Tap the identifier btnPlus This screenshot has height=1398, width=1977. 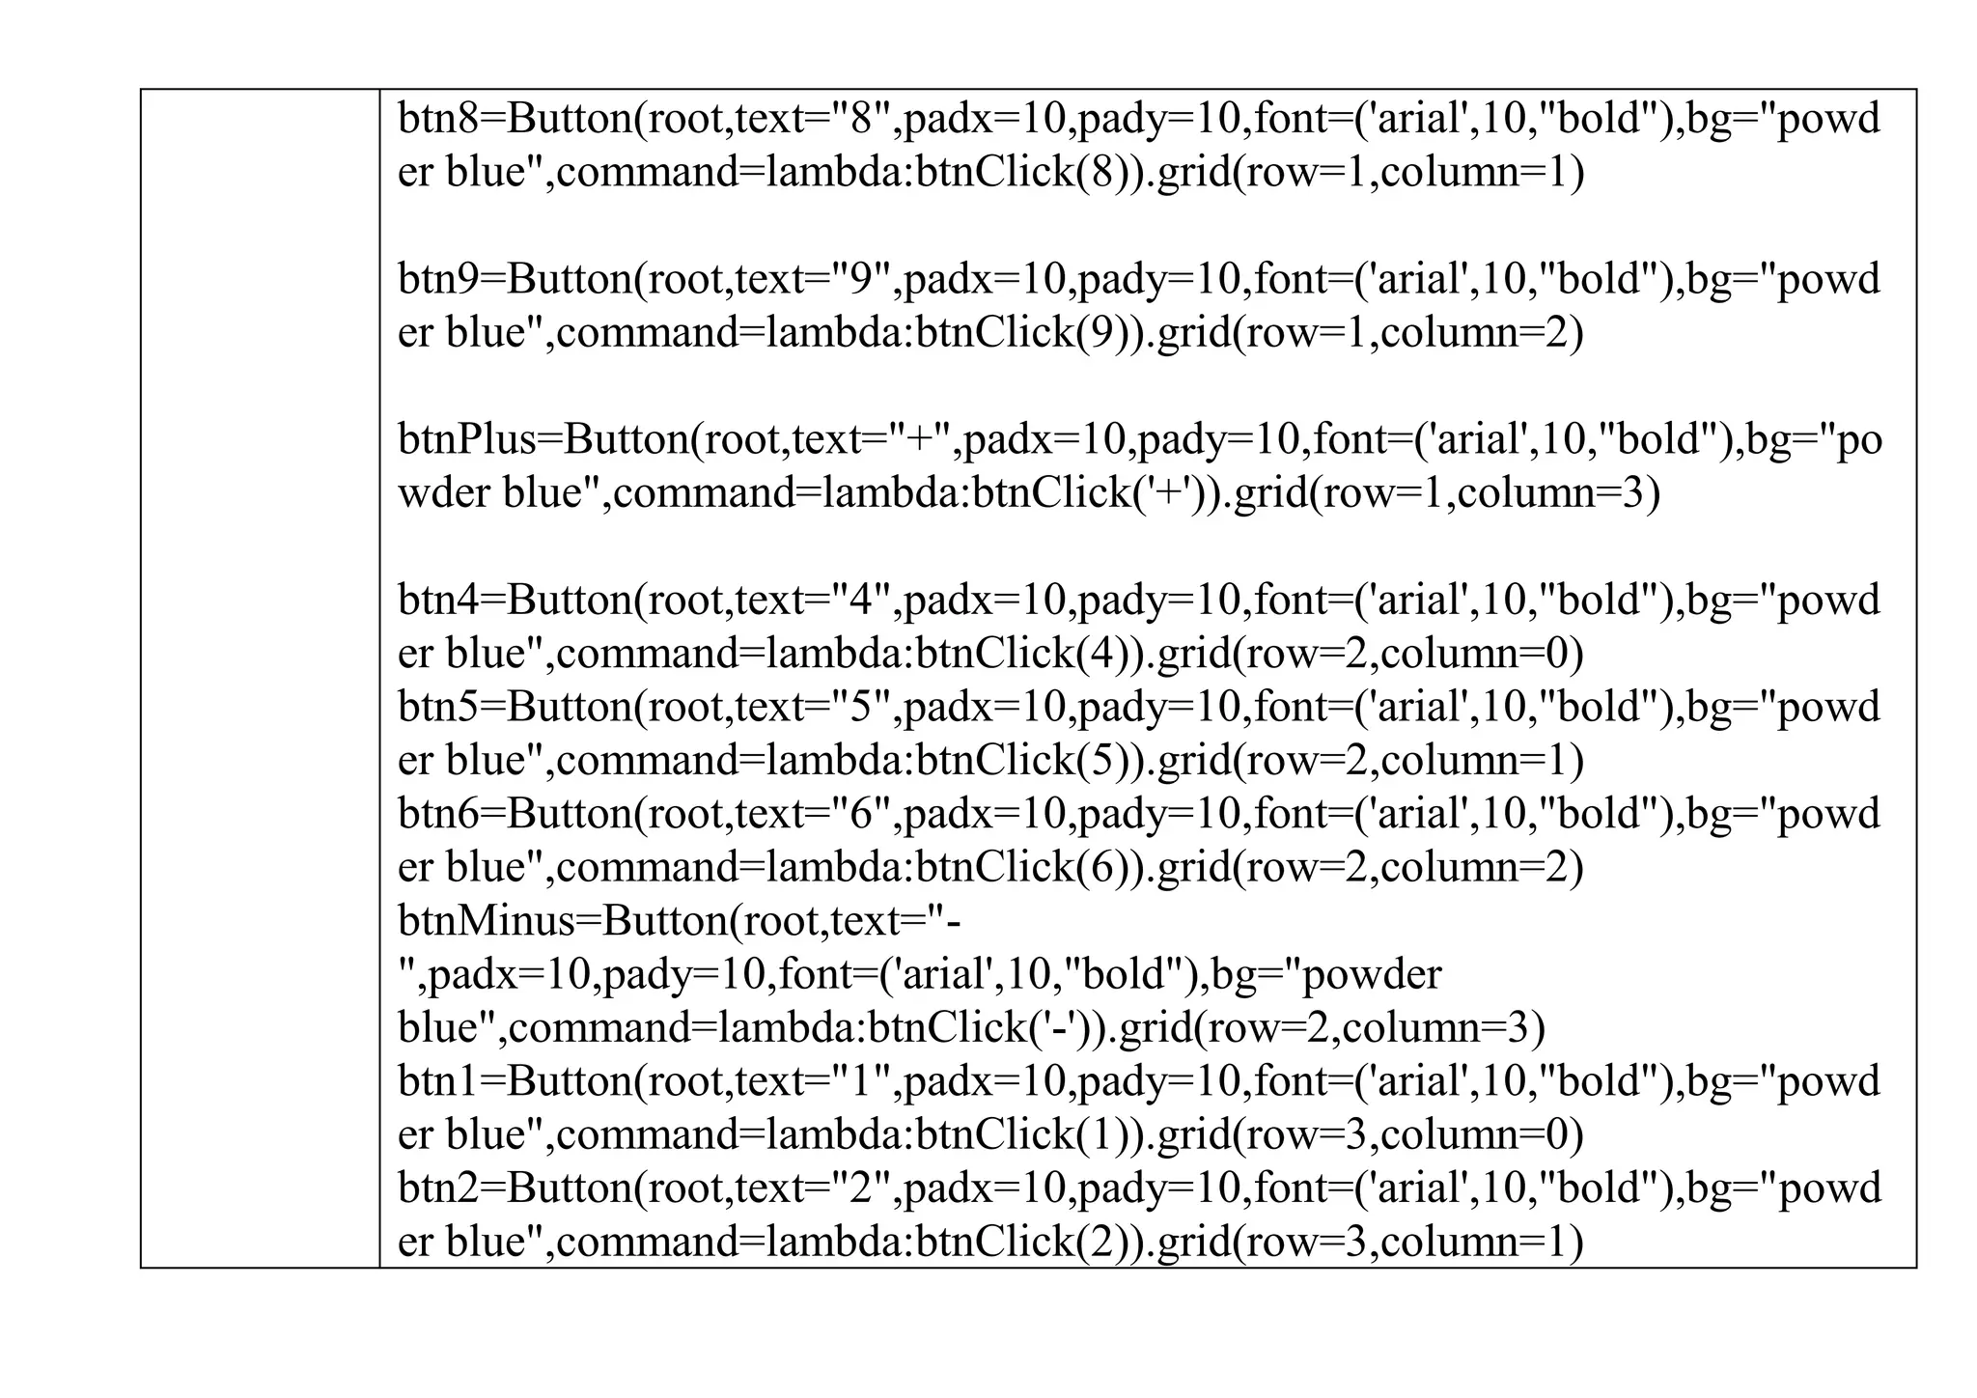tap(466, 440)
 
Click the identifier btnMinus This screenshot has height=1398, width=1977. tap(486, 921)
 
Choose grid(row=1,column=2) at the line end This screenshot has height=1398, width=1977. tap(1370, 334)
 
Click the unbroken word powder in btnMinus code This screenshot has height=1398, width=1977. tap(1371, 975)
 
